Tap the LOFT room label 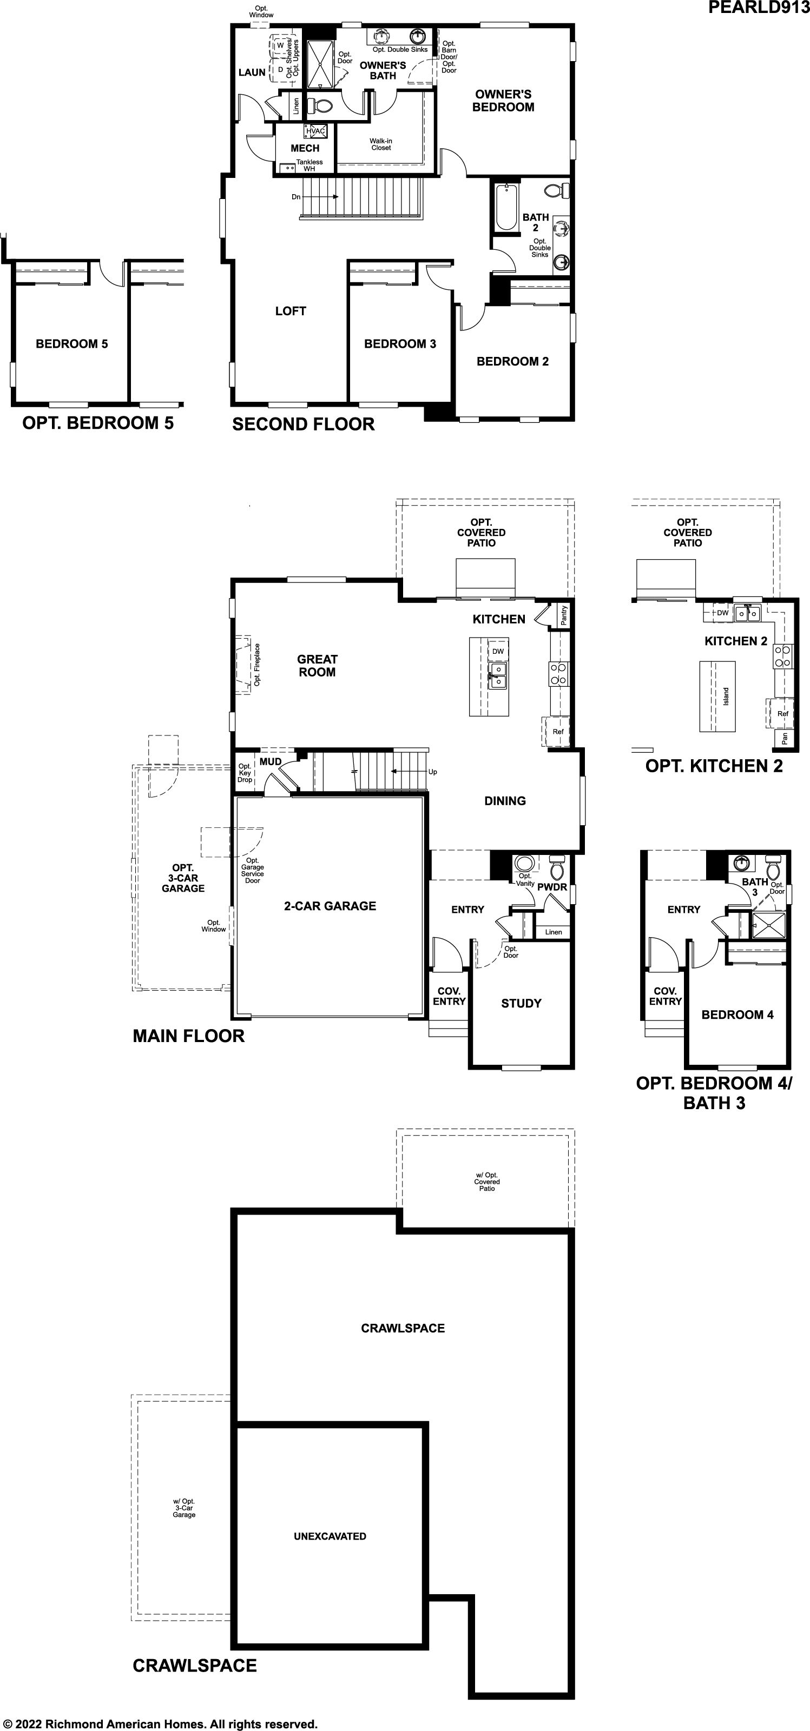pos(291,311)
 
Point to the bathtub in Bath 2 pos(505,208)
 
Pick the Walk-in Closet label pos(381,144)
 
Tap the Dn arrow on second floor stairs pos(325,197)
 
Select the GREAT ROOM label pos(317,666)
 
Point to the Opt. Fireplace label pos(257,665)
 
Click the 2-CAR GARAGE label pos(330,906)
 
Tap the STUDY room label pos(521,1003)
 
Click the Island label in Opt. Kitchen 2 pos(726,696)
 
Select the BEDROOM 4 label pos(737,1014)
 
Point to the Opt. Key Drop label pos(245,773)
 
